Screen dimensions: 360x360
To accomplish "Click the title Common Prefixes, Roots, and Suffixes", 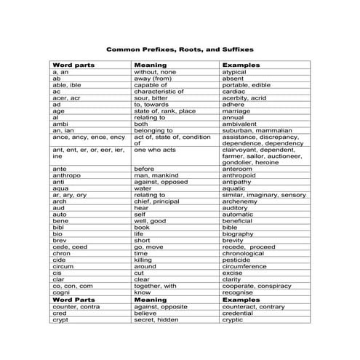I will point(180,50).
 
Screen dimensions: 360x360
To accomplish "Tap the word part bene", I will point(60,220).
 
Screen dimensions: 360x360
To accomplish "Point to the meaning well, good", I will point(151,220).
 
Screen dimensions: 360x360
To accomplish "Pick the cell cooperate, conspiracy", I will point(258,286).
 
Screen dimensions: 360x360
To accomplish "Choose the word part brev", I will point(60,240).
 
